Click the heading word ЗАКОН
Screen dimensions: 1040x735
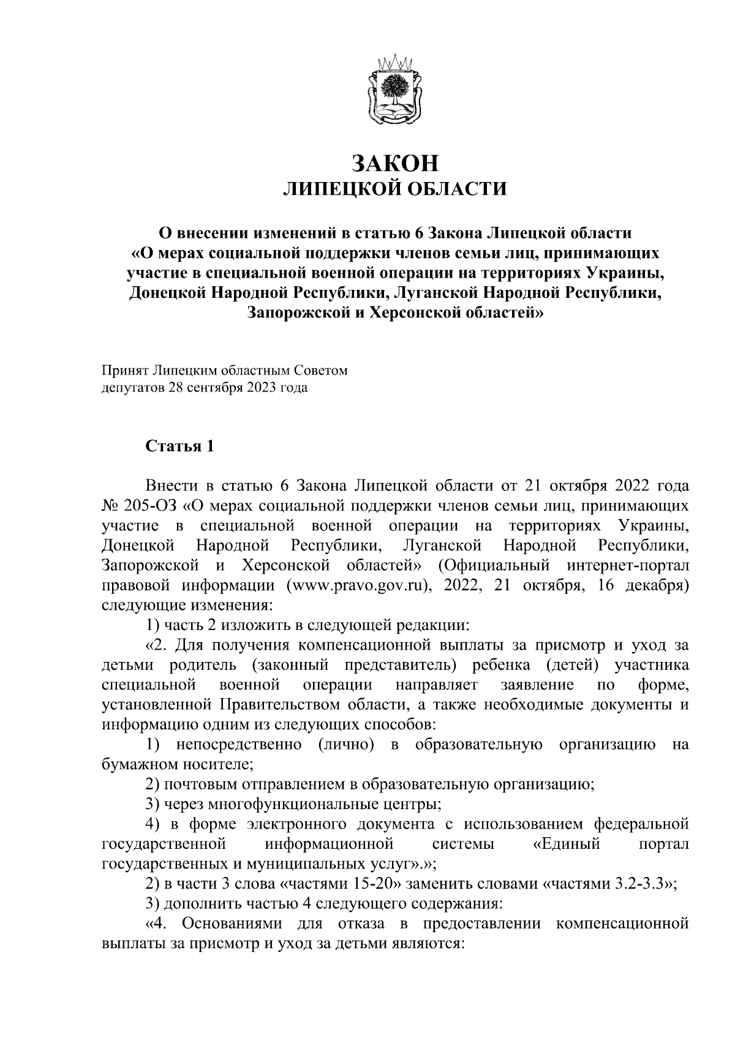[x=395, y=163]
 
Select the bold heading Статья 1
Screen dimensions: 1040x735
[x=179, y=446]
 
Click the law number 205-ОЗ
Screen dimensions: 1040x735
[x=151, y=506]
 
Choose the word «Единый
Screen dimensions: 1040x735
[x=565, y=845]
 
